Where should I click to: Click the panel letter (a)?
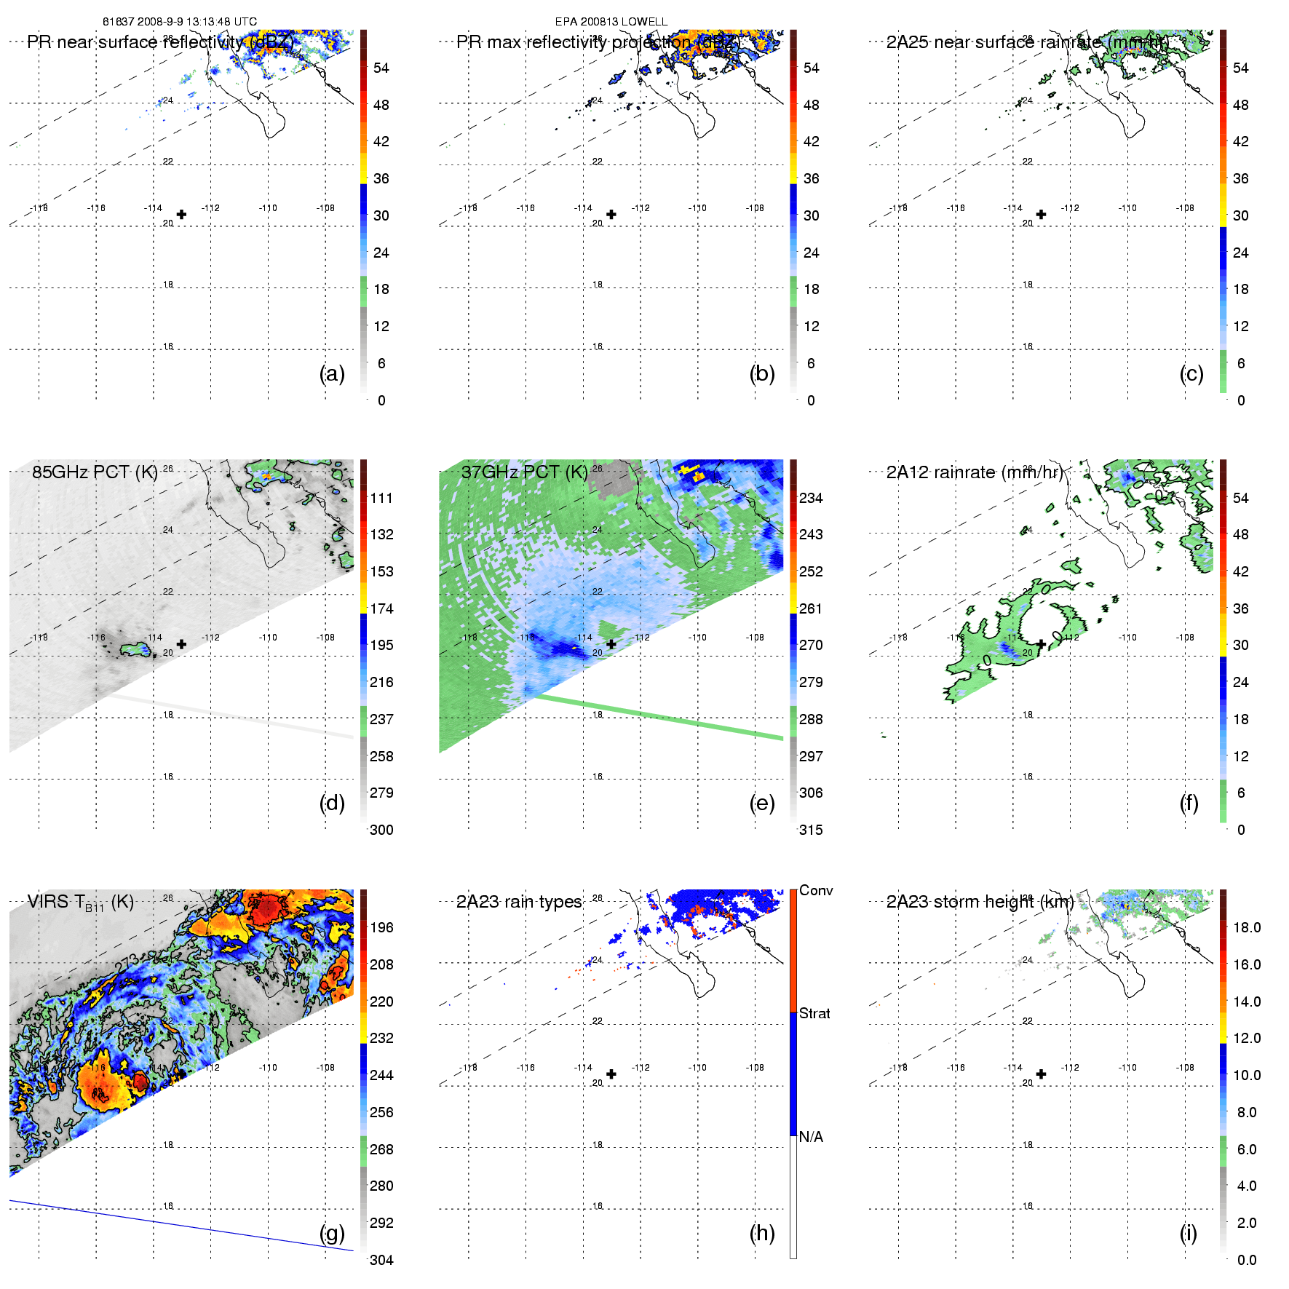[x=332, y=373]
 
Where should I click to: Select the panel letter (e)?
[x=761, y=803]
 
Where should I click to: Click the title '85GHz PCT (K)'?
[x=95, y=472]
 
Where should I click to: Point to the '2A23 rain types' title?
[x=519, y=902]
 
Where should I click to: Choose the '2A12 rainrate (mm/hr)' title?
[x=975, y=472]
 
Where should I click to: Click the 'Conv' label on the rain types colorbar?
[x=816, y=890]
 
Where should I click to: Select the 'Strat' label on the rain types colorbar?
[x=814, y=1013]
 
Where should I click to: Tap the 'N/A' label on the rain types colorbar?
[x=811, y=1137]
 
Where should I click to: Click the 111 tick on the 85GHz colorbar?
[x=381, y=498]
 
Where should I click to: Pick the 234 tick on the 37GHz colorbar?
[x=811, y=498]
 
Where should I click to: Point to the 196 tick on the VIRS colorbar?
[x=381, y=927]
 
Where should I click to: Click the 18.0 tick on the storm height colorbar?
[x=1247, y=927]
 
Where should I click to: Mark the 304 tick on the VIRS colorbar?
[x=381, y=1260]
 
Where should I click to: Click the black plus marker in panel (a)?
[x=181, y=214]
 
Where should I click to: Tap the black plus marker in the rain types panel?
[x=611, y=1074]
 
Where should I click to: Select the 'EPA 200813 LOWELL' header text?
[x=611, y=22]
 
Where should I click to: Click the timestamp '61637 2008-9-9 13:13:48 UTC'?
[x=180, y=22]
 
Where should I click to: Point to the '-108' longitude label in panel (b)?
[x=755, y=208]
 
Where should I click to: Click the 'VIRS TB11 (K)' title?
[x=80, y=903]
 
